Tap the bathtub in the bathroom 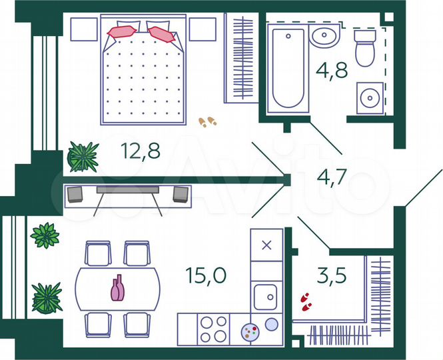point(288,69)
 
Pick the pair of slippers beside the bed point(207,121)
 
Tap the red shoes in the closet point(306,301)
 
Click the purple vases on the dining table point(117,288)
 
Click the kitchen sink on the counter point(266,294)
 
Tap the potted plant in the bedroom point(83,157)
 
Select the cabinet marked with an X point(266,245)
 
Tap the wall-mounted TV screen point(127,189)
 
